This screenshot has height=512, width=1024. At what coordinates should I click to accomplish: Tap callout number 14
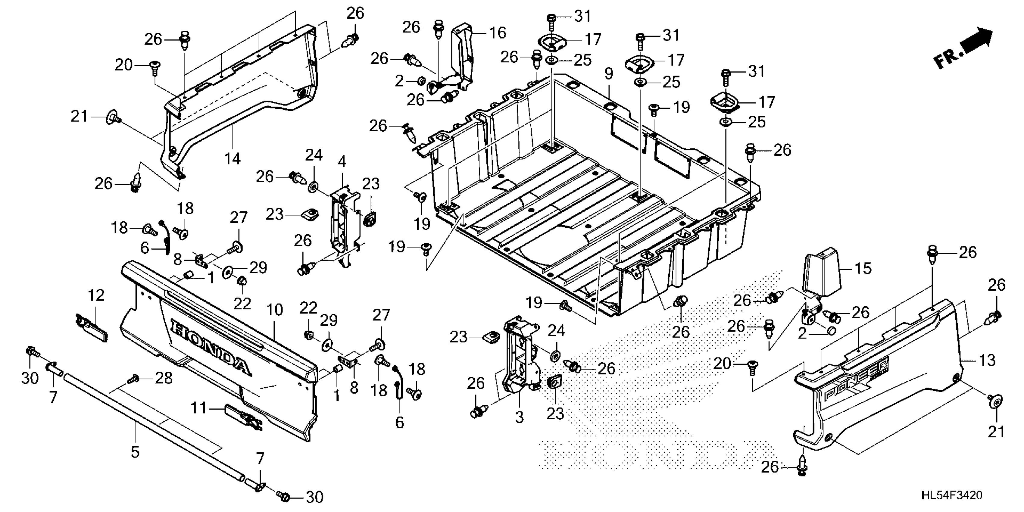[233, 159]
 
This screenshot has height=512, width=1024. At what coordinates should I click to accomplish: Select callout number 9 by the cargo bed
[609, 74]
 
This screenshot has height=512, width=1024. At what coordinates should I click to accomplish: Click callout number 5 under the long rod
[135, 451]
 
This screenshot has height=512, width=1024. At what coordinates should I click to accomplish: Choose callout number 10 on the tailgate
[275, 310]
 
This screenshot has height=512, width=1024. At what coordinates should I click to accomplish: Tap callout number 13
[987, 360]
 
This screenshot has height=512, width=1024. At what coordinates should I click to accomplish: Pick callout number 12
[96, 295]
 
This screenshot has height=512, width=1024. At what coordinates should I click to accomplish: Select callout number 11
[199, 408]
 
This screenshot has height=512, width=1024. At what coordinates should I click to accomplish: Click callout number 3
[519, 417]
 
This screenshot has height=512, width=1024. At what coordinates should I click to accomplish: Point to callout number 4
[342, 162]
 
